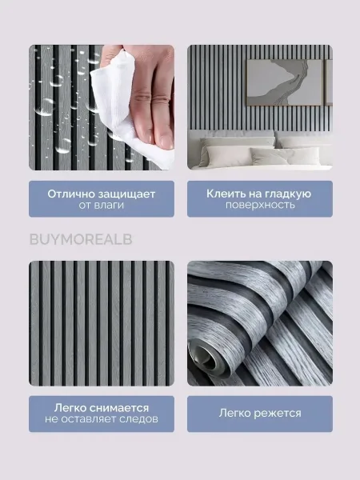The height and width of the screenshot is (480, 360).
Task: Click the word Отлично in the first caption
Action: click(x=72, y=194)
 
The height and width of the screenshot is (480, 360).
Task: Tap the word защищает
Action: click(x=127, y=194)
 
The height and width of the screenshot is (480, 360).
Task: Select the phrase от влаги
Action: click(x=102, y=205)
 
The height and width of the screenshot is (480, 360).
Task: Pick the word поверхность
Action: click(x=260, y=205)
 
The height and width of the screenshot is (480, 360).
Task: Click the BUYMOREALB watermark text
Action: click(x=81, y=239)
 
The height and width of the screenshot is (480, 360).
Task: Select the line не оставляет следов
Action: click(x=102, y=419)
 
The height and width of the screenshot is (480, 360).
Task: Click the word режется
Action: click(x=278, y=414)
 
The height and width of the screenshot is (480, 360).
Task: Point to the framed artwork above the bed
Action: click(x=285, y=82)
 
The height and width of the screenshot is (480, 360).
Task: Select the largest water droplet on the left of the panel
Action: click(x=45, y=106)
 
